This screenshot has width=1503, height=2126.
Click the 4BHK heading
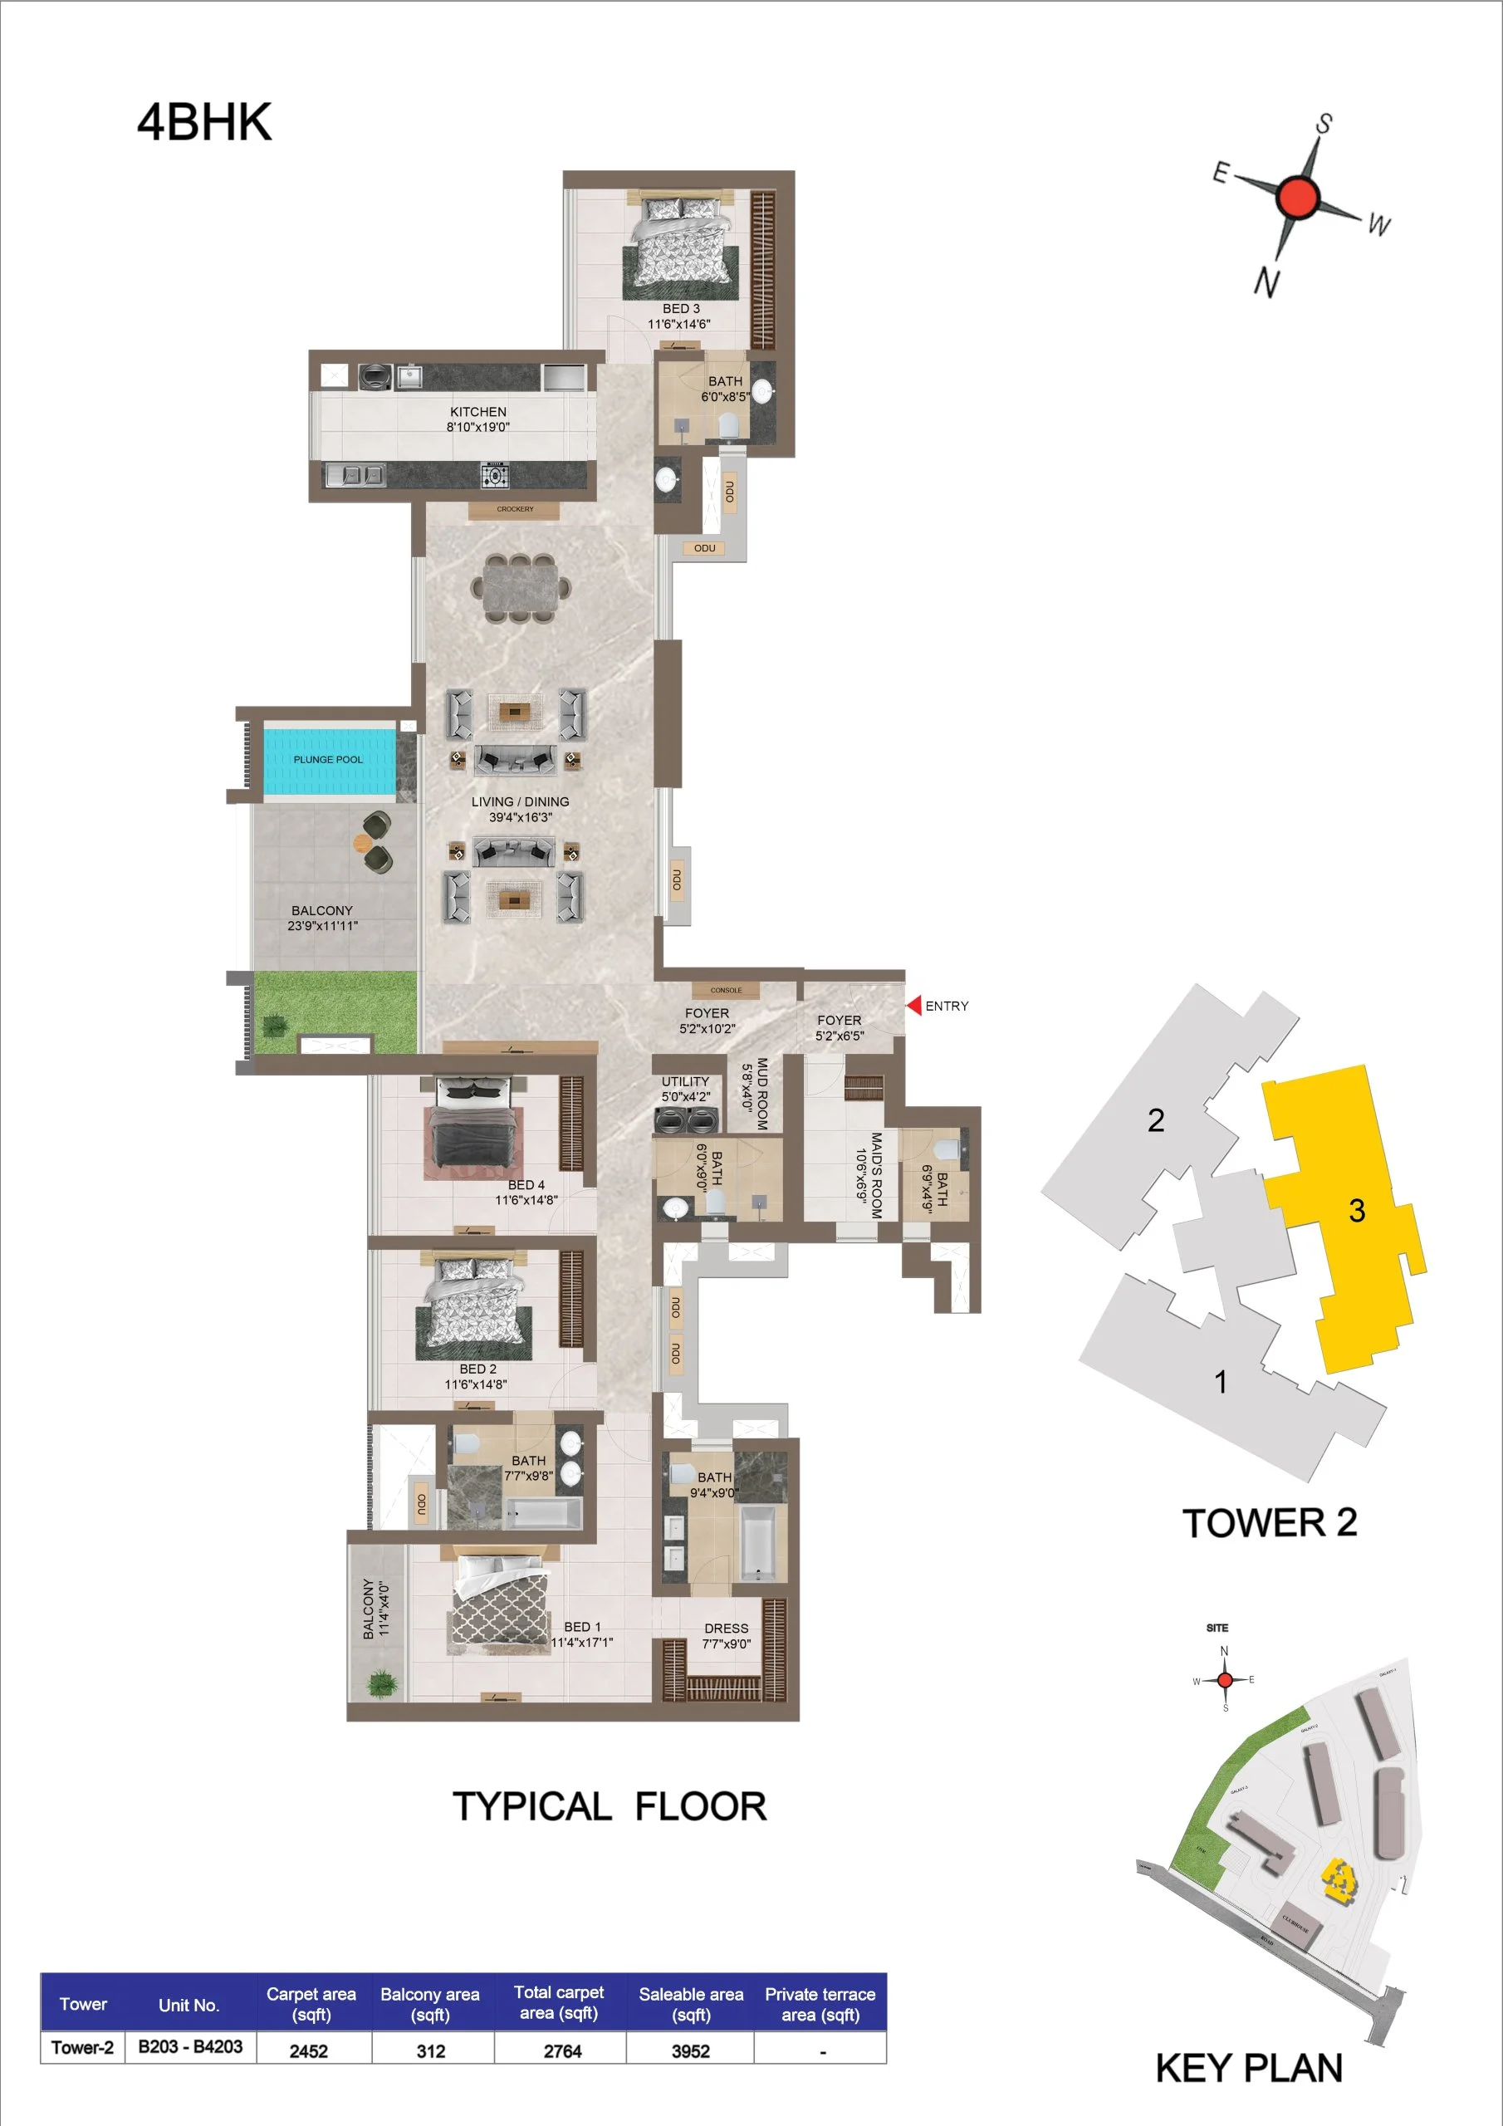click(x=204, y=122)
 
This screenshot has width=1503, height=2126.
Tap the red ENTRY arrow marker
click(x=914, y=1005)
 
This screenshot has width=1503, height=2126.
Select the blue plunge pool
click(x=329, y=760)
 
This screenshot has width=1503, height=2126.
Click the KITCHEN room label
click(x=477, y=412)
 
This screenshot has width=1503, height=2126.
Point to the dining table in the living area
click(x=521, y=588)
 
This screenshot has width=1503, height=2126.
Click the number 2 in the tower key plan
click(x=1156, y=1120)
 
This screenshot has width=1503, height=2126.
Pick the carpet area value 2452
click(x=308, y=2050)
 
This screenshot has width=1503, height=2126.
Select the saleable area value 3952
click(x=691, y=2050)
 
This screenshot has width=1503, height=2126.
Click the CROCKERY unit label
click(x=515, y=509)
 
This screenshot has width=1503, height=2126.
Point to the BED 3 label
click(x=681, y=308)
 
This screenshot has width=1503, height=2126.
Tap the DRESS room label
click(x=726, y=1628)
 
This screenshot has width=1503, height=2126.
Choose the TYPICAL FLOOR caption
click(x=610, y=1806)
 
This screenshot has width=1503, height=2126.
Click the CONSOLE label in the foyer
click(x=726, y=990)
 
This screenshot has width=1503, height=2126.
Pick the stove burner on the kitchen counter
click(x=495, y=476)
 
